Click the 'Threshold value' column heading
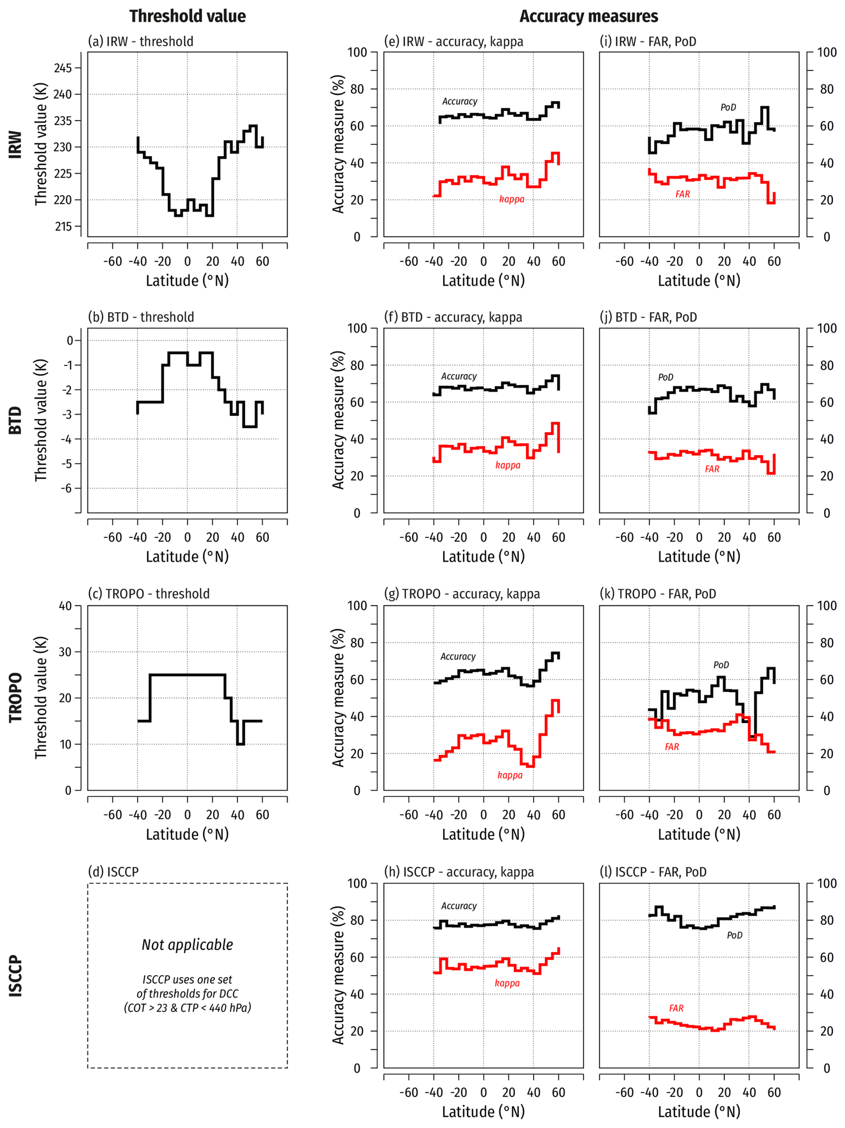pos(187,17)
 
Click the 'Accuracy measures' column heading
pos(588,17)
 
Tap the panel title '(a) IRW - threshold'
pos(140,41)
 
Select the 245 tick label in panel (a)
pos(63,68)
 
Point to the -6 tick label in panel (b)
pos(67,488)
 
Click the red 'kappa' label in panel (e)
pos(511,199)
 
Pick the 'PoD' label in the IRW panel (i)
pos(728,107)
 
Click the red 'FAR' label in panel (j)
pos(712,469)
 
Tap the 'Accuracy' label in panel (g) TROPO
pos(458,656)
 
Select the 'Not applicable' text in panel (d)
pos(187,945)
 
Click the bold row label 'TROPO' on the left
pos(16,697)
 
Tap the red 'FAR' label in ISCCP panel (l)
pos(676,1008)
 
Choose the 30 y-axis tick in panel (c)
pos(65,652)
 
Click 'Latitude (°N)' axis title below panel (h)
pos(483,1111)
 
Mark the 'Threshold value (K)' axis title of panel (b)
pos(41,420)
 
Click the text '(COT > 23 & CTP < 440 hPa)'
pos(187,1008)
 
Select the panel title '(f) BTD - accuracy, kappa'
pos(452,317)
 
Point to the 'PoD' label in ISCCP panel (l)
pos(734,935)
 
